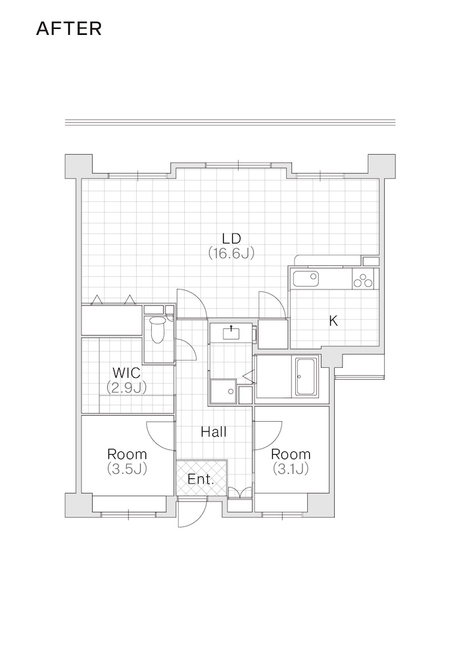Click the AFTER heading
coord(69,28)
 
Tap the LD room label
coord(231,238)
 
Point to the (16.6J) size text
coord(231,253)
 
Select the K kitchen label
coord(333,321)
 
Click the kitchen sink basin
coord(305,278)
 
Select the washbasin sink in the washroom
coord(231,333)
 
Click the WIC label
coord(127,372)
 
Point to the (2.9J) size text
coord(126,388)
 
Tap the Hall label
coord(214,432)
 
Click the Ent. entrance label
coord(201,479)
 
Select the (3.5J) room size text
coord(127,468)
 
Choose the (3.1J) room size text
coord(291,468)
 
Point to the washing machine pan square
coord(223,391)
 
